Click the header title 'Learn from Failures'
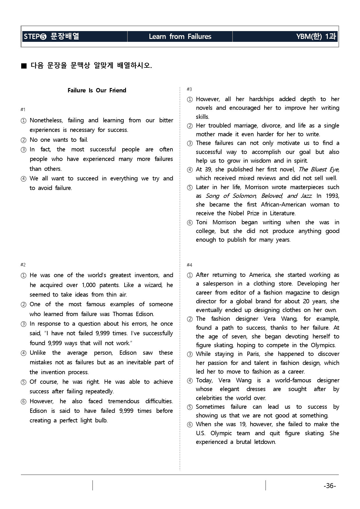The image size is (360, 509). [180, 37]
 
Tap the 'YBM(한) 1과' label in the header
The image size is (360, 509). [316, 37]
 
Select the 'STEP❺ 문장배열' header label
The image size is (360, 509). [51, 37]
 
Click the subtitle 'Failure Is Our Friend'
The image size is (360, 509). [97, 90]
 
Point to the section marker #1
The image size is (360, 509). [23, 110]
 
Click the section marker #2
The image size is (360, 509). [23, 265]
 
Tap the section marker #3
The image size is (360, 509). [189, 89]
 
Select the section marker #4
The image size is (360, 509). [189, 265]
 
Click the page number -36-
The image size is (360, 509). [330, 486]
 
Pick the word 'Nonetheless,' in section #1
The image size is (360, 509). [46, 120]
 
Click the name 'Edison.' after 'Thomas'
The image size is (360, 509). [145, 314]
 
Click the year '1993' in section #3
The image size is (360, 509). [332, 196]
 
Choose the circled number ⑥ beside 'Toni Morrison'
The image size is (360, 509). [190, 223]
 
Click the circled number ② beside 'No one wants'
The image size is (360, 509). [24, 140]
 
